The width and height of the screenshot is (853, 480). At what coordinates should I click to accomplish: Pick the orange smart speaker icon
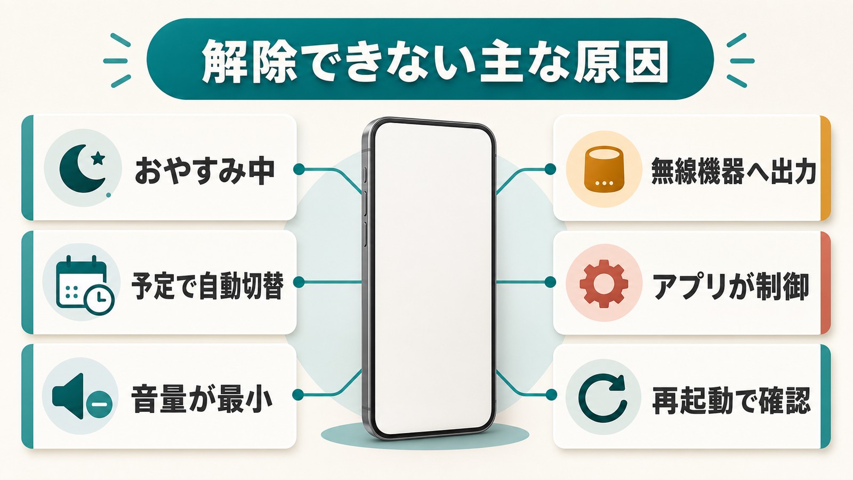pyautogui.click(x=605, y=170)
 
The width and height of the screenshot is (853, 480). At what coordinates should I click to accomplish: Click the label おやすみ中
pyautogui.click(x=204, y=171)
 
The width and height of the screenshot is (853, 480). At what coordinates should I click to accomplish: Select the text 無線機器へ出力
pyautogui.click(x=734, y=171)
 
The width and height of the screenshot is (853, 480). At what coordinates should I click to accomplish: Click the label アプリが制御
pyautogui.click(x=730, y=286)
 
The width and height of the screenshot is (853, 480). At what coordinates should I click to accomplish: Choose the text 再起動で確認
pyautogui.click(x=731, y=400)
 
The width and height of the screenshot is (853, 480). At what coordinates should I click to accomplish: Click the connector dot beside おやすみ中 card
pyautogui.click(x=299, y=169)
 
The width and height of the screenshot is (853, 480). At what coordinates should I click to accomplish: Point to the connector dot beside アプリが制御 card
pyautogui.click(x=550, y=282)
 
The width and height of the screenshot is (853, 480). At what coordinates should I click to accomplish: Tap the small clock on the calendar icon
pyautogui.click(x=99, y=300)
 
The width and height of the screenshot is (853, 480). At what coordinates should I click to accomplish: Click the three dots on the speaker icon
pyautogui.click(x=605, y=183)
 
